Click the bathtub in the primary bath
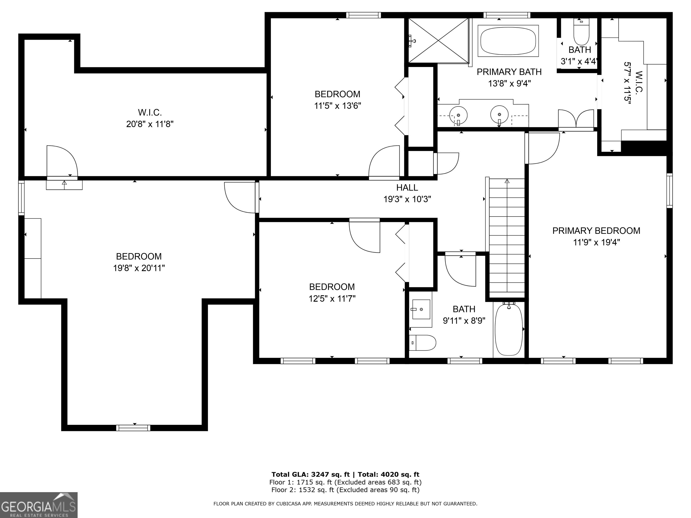508,41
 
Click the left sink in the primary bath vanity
458,115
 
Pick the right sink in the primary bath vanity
499,115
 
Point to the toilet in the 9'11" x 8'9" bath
422,343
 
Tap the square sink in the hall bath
421,309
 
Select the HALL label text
407,188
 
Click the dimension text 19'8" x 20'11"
139,268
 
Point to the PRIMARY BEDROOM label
596,231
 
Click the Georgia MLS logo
38,505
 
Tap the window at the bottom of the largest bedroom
133,428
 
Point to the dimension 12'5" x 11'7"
332,299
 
